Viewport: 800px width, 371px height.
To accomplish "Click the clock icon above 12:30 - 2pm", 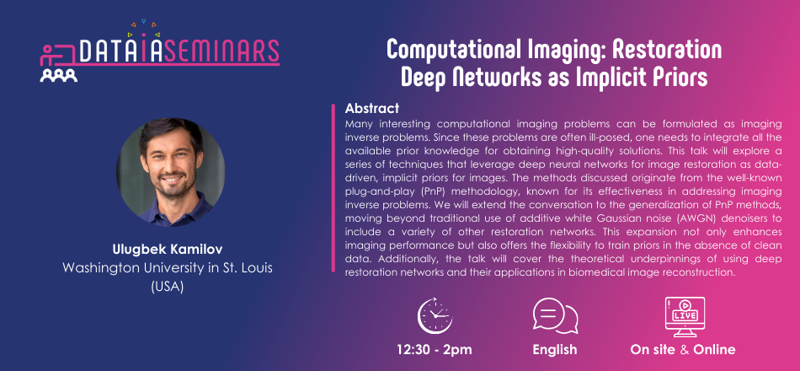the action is click(x=435, y=316).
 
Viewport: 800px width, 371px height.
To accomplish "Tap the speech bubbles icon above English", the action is click(x=555, y=316).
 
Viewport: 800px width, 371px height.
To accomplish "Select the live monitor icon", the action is click(x=685, y=317).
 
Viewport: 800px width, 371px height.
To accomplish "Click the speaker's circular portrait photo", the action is click(x=170, y=172).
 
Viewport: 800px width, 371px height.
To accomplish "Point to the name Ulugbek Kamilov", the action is click(x=168, y=251).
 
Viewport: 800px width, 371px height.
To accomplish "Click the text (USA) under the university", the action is click(x=168, y=287).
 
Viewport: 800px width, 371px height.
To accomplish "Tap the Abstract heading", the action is click(x=372, y=109).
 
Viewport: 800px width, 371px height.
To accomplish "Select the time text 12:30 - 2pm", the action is click(x=435, y=350).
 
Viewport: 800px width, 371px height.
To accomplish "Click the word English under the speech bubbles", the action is click(x=555, y=351).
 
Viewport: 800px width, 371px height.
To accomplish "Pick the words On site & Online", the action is click(x=683, y=350).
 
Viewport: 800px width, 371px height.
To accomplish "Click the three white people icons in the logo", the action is click(x=59, y=76).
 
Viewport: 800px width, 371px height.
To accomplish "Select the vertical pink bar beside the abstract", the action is click(x=333, y=187).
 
